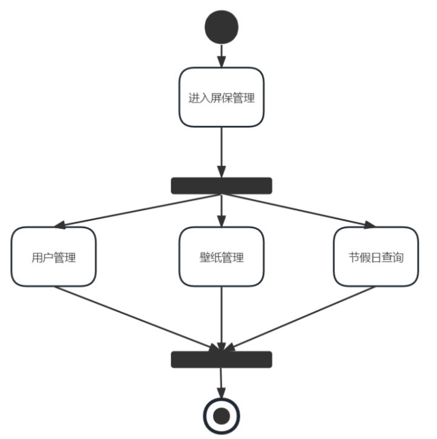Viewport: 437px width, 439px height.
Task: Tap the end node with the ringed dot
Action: (x=222, y=416)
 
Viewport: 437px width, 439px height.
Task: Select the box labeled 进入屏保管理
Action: (x=222, y=97)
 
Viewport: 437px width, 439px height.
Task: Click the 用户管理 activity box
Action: (x=53, y=257)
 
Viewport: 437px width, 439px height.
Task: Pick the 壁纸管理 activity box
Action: (x=222, y=257)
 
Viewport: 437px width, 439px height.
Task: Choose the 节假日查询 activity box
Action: (x=376, y=257)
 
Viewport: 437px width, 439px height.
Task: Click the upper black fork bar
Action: (x=222, y=185)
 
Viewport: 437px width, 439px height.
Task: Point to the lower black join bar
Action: (x=222, y=359)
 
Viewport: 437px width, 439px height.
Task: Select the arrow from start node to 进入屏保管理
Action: (x=222, y=55)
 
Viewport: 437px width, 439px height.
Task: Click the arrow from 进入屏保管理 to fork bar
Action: (x=222, y=152)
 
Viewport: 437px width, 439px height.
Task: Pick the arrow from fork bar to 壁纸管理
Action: (x=222, y=210)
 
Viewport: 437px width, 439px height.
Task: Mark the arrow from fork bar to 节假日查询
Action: (x=297, y=210)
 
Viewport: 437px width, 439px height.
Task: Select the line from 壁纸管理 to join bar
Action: (x=222, y=319)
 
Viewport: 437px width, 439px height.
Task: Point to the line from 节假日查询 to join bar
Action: (x=297, y=318)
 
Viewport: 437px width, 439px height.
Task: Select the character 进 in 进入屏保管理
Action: (x=194, y=98)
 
